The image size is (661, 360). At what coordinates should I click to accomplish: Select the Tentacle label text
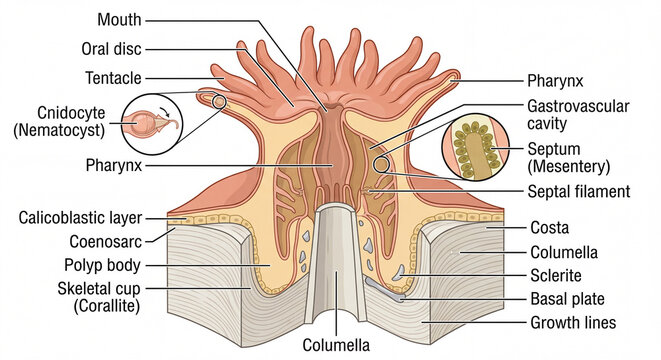(113, 77)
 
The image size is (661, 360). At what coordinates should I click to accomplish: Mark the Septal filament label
(579, 191)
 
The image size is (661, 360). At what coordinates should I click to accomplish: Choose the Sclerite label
(555, 275)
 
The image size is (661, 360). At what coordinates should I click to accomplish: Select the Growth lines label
(573, 322)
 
